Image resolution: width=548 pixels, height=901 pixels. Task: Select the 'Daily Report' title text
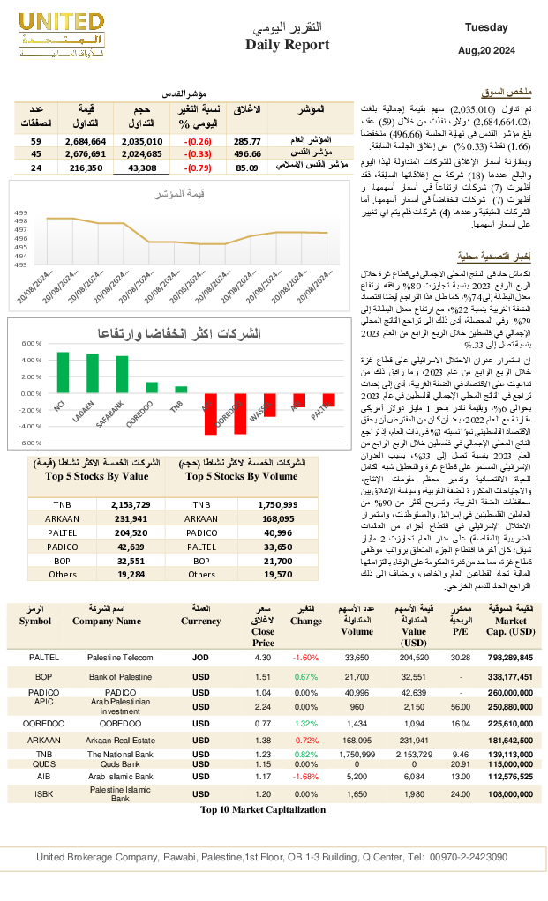pos(288,45)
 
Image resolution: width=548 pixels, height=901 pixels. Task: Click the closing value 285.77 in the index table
pos(247,141)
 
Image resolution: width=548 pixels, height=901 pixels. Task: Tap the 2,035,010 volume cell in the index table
pos(142,141)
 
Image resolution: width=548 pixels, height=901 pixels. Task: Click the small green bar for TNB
pos(181,389)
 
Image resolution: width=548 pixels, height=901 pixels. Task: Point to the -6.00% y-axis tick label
pos(32,443)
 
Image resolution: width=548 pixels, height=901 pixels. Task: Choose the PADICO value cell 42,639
pos(129,547)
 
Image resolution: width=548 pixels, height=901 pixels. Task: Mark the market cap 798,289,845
pos(510,658)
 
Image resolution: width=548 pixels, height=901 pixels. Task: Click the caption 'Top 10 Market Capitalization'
pos(263,809)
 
